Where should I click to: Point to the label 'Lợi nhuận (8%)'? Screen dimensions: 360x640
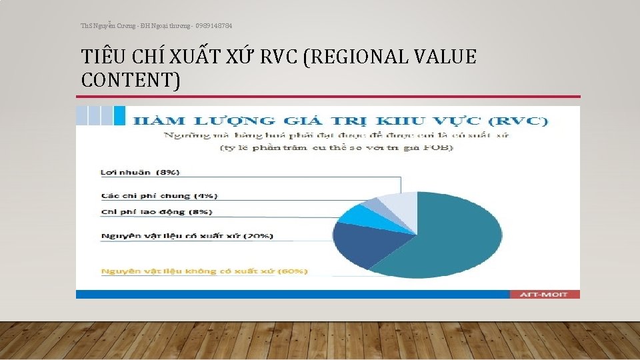[x=140, y=172]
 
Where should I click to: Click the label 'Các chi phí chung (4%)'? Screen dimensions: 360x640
[x=159, y=196]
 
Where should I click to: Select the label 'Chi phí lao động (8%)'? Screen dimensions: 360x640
[x=157, y=212]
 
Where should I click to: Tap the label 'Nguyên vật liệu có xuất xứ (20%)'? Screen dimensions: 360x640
[x=187, y=236]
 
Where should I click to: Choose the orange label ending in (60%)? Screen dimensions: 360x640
[x=204, y=271]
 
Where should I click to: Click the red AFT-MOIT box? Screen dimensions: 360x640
[x=545, y=294]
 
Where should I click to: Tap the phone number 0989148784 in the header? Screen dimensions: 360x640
[x=214, y=26]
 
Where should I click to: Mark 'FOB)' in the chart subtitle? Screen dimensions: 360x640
[x=440, y=147]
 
